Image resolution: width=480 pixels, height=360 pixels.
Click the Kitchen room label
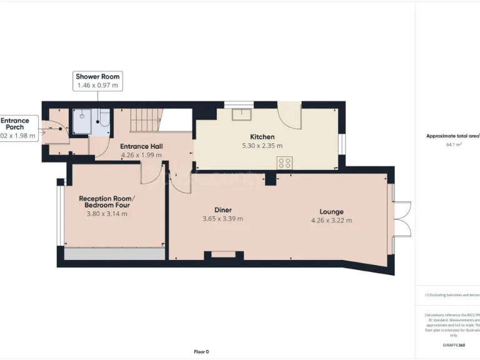click(262, 137)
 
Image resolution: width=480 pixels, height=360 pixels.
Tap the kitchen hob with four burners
click(284, 162)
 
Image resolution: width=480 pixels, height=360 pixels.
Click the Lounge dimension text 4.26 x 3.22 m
click(331, 220)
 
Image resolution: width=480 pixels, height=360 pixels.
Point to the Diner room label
click(222, 211)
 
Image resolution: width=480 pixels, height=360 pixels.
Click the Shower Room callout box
click(97, 81)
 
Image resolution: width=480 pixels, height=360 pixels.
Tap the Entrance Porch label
click(15, 123)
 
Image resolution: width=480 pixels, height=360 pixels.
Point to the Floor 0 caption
click(201, 351)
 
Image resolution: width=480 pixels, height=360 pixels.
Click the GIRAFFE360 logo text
click(453, 345)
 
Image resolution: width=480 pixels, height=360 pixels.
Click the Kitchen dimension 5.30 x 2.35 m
click(262, 146)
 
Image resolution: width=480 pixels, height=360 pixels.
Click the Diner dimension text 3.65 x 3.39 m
click(222, 219)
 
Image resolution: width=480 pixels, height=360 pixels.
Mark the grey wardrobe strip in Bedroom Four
click(114, 254)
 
